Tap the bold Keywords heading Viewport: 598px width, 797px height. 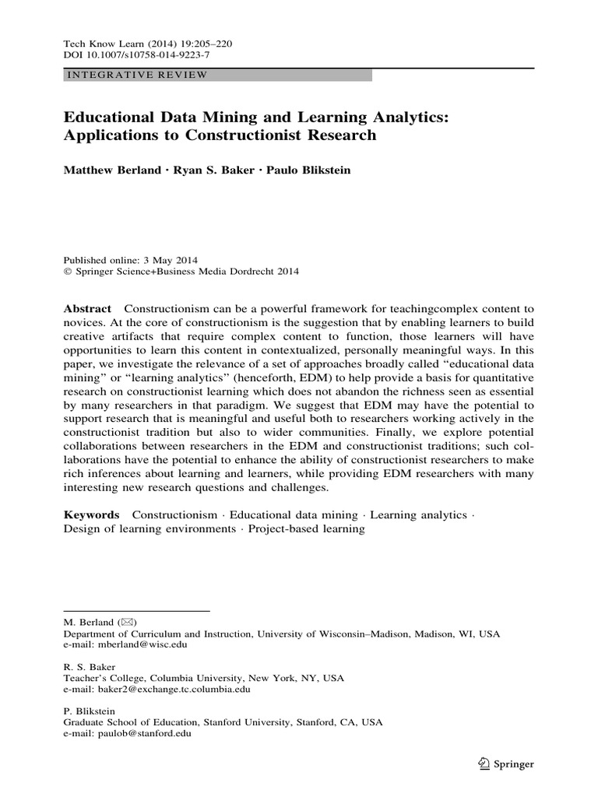click(91, 515)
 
